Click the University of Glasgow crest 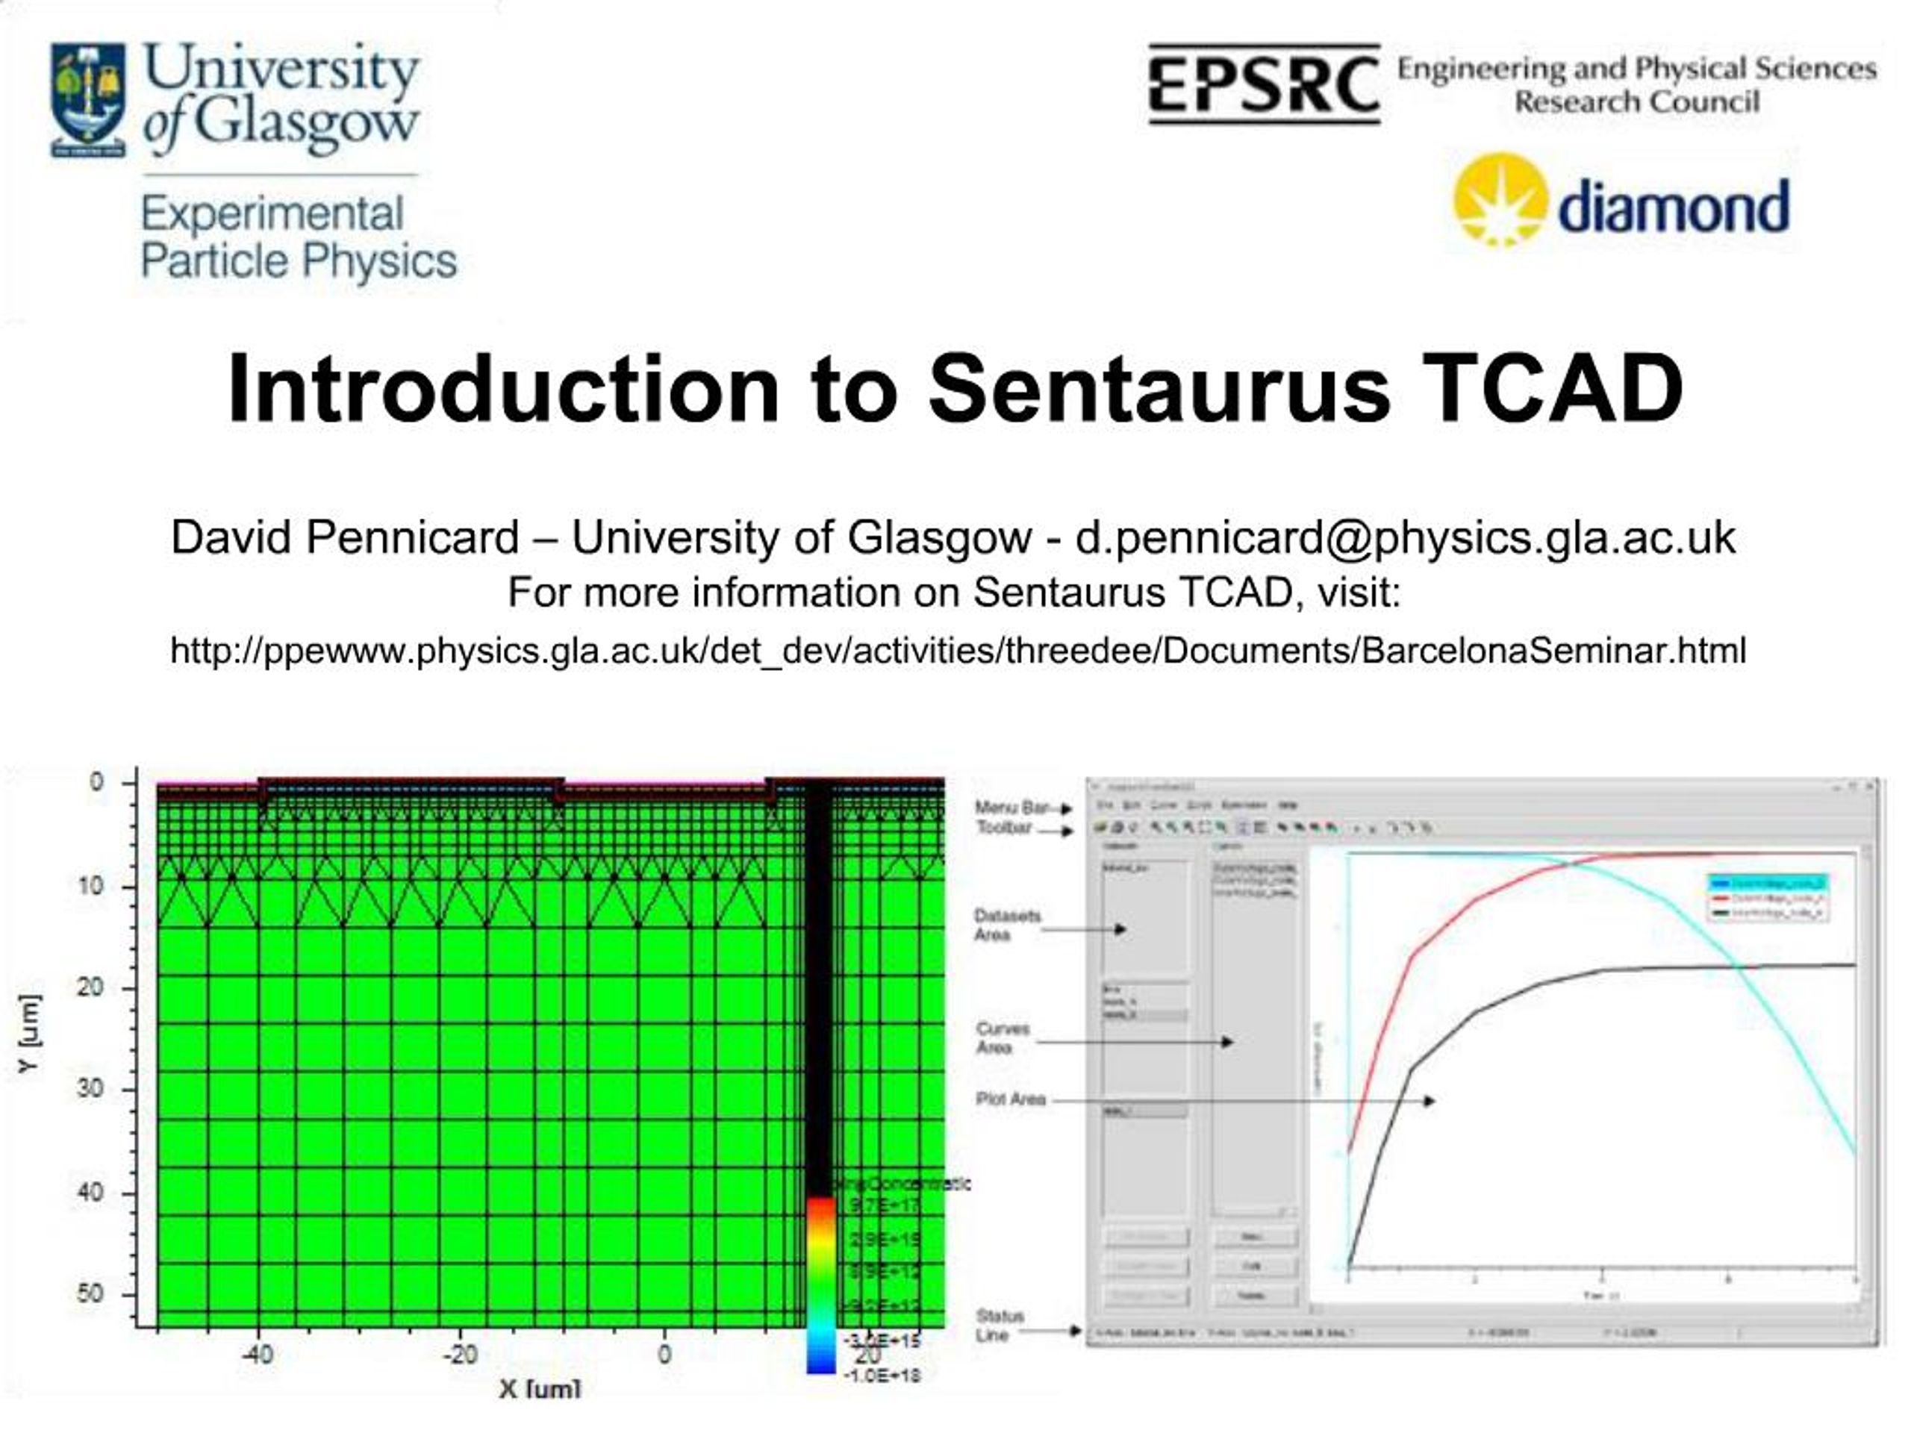tap(88, 99)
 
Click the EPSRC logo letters tap(1263, 84)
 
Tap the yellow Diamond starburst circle tap(1500, 199)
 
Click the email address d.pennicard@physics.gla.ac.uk tap(1405, 537)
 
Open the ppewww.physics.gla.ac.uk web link tap(957, 649)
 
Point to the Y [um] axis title tap(28, 1033)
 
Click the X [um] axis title tap(540, 1388)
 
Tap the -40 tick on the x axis tap(258, 1354)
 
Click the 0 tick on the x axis tap(664, 1354)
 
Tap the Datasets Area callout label tap(1006, 924)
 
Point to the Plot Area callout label tap(1011, 1099)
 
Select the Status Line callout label tap(1000, 1325)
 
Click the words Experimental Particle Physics tap(298, 237)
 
